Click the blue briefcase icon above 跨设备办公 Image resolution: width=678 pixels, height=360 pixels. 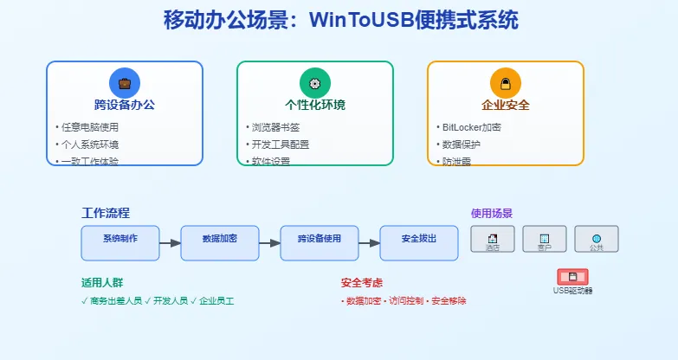125,83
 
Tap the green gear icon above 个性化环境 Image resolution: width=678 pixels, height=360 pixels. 315,83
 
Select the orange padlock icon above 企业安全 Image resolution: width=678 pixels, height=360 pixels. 506,83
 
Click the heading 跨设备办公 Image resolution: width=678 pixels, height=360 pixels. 125,106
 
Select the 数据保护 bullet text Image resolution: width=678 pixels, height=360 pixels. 459,145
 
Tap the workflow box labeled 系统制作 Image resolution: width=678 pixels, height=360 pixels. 120,243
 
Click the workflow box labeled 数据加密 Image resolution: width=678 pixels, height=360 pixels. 220,243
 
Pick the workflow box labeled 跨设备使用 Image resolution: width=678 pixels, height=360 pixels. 320,243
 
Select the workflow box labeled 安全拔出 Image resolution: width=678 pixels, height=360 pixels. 419,243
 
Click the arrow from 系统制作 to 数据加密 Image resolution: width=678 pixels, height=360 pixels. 171,243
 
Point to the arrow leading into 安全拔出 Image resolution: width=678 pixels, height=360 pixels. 370,243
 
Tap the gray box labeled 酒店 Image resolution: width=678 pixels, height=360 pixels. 493,239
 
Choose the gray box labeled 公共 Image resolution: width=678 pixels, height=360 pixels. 597,239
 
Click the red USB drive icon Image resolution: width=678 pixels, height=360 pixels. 572,277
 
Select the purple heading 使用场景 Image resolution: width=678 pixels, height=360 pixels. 492,213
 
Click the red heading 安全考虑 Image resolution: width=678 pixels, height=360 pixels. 362,283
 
